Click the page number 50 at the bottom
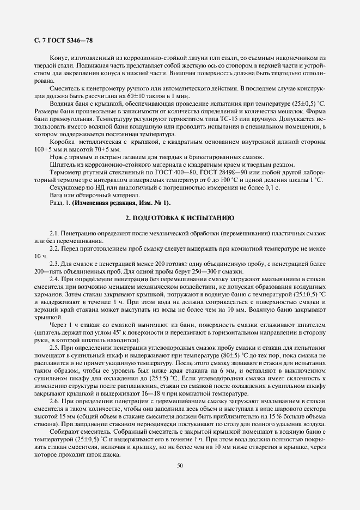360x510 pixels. pos(180,465)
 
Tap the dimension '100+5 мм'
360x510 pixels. pos(47,149)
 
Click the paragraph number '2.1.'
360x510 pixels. pos(56,233)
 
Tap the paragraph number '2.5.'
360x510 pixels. pos(56,348)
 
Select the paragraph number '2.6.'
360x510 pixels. pos(56,400)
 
